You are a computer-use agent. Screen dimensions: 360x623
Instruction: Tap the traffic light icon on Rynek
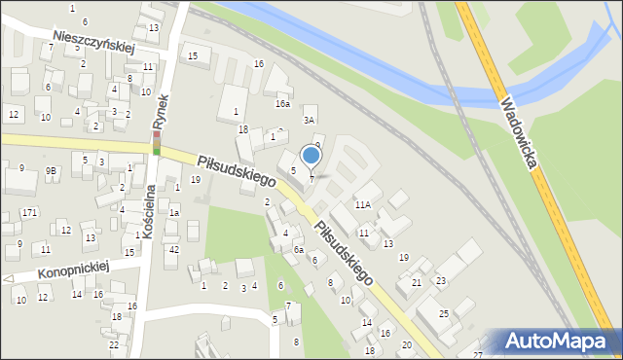click(156, 144)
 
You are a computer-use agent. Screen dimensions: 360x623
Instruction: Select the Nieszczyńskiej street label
click(93, 41)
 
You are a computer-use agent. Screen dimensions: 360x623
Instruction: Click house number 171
click(29, 212)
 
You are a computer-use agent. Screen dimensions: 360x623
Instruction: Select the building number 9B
click(51, 171)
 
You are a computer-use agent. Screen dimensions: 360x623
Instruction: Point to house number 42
click(173, 250)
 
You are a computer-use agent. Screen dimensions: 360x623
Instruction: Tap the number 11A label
click(363, 205)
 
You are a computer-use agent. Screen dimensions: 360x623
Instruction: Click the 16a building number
click(282, 103)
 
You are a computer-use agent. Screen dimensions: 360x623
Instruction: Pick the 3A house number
click(309, 120)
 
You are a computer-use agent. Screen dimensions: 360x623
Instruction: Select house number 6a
click(299, 250)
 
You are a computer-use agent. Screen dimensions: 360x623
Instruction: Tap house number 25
click(443, 313)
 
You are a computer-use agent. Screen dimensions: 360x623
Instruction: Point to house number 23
click(440, 280)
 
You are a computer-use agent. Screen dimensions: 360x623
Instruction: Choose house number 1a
click(174, 212)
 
